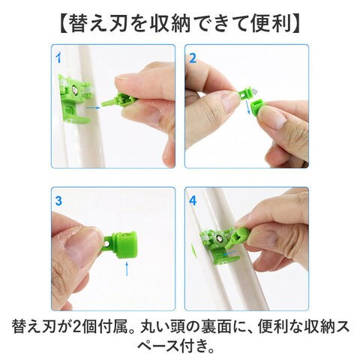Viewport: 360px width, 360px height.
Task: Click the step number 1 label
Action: click(58, 58)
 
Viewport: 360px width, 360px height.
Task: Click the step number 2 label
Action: click(193, 58)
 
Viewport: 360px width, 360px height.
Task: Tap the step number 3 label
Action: click(58, 201)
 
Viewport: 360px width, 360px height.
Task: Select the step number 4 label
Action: click(193, 201)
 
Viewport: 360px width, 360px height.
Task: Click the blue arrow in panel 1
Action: click(93, 108)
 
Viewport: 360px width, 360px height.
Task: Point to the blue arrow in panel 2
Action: click(247, 106)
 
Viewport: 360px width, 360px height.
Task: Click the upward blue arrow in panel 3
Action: click(127, 268)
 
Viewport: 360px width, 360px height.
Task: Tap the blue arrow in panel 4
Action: click(229, 254)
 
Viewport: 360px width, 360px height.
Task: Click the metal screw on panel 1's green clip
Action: click(74, 89)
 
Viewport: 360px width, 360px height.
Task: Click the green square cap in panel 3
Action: click(125, 245)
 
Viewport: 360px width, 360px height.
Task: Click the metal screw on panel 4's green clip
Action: click(219, 238)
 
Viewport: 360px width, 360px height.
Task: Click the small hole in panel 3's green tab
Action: click(107, 243)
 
